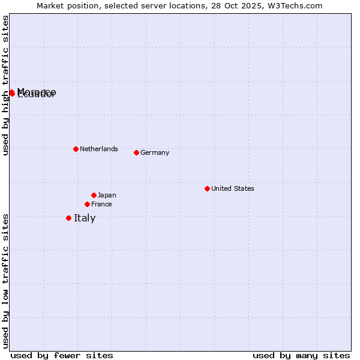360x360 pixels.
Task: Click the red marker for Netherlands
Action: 76,149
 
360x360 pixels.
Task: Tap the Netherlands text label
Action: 99,149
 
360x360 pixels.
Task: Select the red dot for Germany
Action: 136,152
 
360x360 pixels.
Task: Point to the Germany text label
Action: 155,152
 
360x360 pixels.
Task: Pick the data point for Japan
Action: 94,195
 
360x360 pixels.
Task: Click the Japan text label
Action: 107,195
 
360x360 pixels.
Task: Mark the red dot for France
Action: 87,204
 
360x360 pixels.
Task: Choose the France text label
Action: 101,204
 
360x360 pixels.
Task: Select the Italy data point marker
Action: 68,218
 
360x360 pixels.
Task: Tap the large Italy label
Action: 85,218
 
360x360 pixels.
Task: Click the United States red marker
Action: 207,188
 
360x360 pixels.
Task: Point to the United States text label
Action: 233,188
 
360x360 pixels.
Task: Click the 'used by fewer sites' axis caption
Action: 62,355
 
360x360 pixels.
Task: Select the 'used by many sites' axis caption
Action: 301,355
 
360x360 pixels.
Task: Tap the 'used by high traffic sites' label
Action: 5,85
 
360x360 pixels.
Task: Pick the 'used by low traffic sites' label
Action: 5,280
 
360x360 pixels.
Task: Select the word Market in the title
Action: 50,5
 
